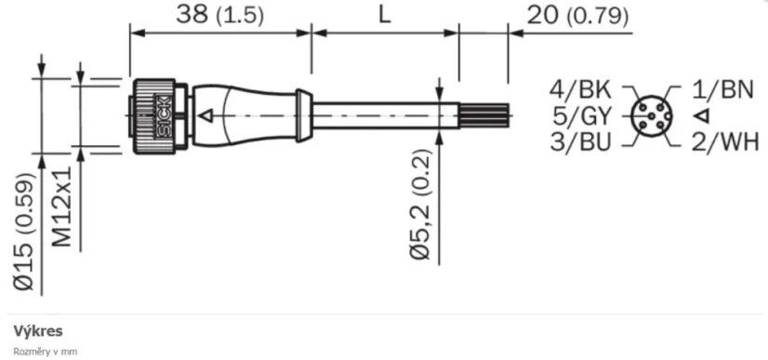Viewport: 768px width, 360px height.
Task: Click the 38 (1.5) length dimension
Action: point(218,16)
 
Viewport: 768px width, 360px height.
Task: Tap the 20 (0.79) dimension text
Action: point(576,16)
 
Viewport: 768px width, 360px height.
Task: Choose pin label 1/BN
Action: point(725,90)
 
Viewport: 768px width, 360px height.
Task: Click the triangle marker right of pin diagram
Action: point(702,116)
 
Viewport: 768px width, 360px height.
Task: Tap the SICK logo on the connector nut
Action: point(165,115)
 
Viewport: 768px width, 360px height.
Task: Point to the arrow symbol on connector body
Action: point(210,115)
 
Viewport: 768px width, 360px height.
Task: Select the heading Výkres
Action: point(37,331)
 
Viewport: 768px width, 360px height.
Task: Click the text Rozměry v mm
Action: point(44,352)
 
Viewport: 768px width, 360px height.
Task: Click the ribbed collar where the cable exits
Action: point(302,115)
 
